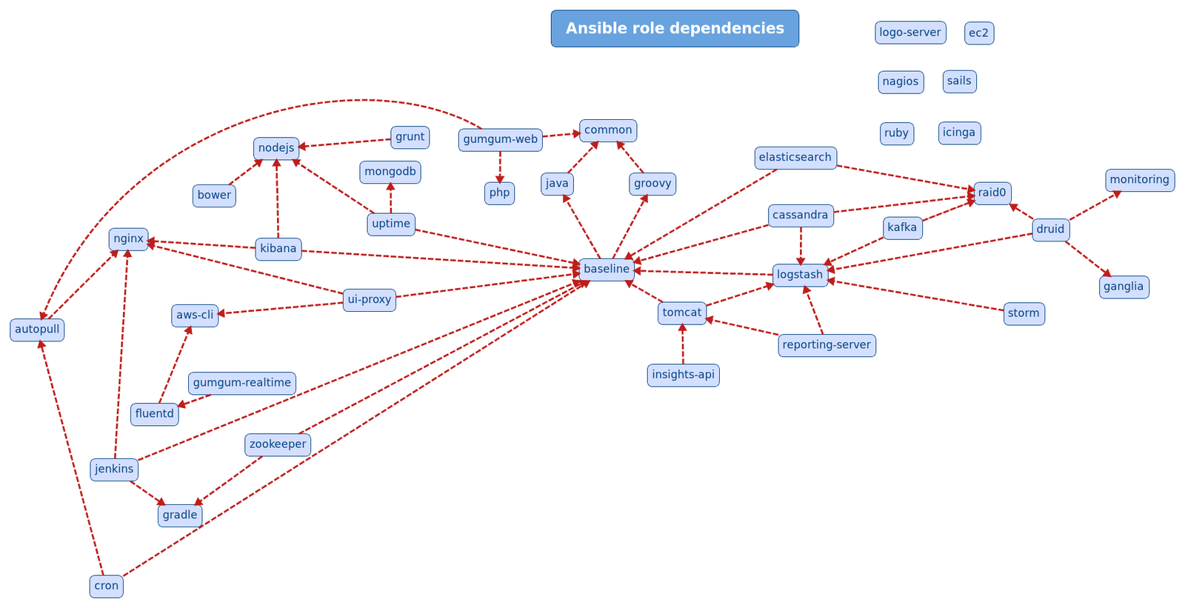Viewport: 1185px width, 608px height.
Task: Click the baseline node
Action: pyautogui.click(x=607, y=270)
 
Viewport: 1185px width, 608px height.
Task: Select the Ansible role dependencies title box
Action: pyautogui.click(x=675, y=29)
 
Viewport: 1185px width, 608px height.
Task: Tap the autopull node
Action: pyautogui.click(x=37, y=330)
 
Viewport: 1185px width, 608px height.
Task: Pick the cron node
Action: pyautogui.click(x=107, y=586)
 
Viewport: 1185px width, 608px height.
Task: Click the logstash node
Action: pyautogui.click(x=800, y=275)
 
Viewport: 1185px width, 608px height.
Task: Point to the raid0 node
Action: pyautogui.click(x=992, y=193)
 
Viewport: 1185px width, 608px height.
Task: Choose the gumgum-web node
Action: pyautogui.click(x=500, y=139)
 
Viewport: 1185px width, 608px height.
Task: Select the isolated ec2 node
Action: pyautogui.click(x=978, y=33)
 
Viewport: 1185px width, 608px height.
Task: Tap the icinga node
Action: pyautogui.click(x=959, y=133)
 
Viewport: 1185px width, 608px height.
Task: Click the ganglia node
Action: pyautogui.click(x=1124, y=287)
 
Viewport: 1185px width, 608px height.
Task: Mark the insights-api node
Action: pyautogui.click(x=683, y=375)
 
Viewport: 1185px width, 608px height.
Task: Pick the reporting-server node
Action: pyautogui.click(x=827, y=345)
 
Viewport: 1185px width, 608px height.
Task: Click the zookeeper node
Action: pyautogui.click(x=278, y=444)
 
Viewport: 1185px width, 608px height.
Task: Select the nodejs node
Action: pyautogui.click(x=276, y=148)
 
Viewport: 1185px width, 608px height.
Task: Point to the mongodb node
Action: pyautogui.click(x=390, y=172)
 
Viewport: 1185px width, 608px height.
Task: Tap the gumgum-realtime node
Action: pyautogui.click(x=242, y=383)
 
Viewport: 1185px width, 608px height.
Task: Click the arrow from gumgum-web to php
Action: pyautogui.click(x=500, y=167)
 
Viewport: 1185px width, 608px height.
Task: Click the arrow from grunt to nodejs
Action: pyautogui.click(x=344, y=143)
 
